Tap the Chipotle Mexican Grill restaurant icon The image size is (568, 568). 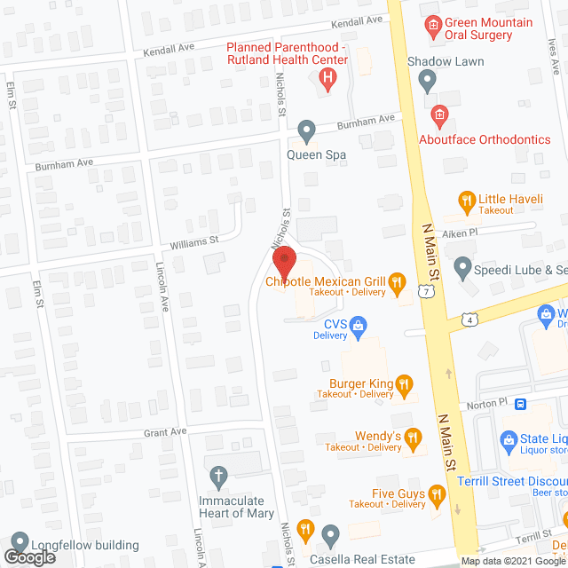tap(398, 283)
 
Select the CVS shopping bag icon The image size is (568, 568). tap(359, 325)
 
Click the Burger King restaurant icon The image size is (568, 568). tap(404, 383)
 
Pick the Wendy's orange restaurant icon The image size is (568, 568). tap(412, 437)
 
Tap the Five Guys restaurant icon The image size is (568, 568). tap(436, 493)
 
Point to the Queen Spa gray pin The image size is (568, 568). tap(307, 130)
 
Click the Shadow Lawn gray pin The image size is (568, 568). tap(428, 81)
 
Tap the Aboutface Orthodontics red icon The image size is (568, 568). tap(438, 115)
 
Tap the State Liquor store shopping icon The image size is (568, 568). tap(509, 438)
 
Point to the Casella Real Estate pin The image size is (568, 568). tap(331, 535)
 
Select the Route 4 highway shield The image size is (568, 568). tap(469, 318)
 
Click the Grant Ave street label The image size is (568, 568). tap(167, 432)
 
